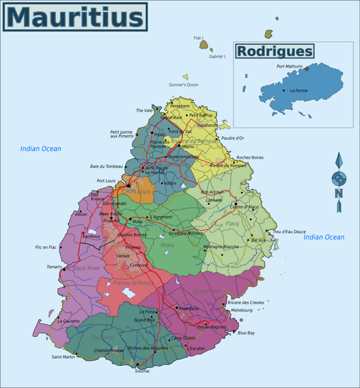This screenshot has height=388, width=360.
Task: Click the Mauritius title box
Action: click(75, 17)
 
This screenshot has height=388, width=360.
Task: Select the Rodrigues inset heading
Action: click(275, 51)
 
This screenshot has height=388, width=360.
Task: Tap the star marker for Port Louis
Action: click(128, 185)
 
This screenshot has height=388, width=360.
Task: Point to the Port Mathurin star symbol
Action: click(307, 69)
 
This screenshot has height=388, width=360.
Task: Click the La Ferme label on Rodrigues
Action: click(299, 91)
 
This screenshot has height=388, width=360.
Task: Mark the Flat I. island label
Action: click(199, 38)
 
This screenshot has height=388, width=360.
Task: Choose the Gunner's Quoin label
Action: click(183, 85)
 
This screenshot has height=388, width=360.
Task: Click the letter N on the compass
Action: click(338, 193)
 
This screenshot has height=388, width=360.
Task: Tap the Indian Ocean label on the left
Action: click(41, 149)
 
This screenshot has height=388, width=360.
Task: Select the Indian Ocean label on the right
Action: click(324, 237)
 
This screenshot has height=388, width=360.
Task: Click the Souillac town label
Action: click(142, 371)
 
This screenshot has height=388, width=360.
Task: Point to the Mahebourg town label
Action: click(242, 310)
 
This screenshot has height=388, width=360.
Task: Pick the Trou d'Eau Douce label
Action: click(289, 232)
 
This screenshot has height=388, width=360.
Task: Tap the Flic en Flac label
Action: click(46, 247)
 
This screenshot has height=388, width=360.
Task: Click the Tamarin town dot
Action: click(64, 269)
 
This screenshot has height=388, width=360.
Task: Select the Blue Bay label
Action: click(246, 333)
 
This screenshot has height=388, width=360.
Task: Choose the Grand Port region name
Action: click(207, 291)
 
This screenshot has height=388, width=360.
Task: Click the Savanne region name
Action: click(103, 337)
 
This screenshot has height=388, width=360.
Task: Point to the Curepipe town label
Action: click(138, 265)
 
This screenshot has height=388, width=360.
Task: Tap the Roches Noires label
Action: click(250, 158)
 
